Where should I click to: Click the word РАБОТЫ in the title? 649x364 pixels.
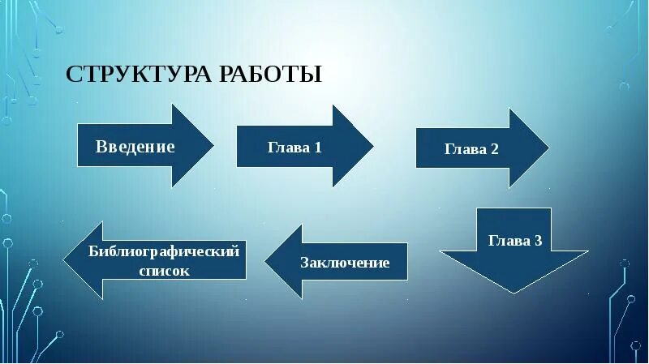pos(270,75)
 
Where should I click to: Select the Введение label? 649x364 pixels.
pos(135,147)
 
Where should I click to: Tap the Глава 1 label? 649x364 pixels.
pos(294,148)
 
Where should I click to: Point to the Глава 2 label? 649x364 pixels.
pos(471,149)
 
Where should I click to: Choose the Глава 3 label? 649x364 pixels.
pos(514,241)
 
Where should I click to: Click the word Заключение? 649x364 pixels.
pos(345,263)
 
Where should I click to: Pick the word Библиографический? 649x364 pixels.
pos(164,251)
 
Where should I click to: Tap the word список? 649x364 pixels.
pos(164,271)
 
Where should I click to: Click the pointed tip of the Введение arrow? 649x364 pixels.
pos(213,146)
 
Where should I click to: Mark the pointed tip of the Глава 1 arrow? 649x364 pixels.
pos(373,146)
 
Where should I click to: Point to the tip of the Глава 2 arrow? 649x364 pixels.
pos(548,148)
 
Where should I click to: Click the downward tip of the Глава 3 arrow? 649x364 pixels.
pos(514,293)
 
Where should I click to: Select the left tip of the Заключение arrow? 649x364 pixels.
pos(265,261)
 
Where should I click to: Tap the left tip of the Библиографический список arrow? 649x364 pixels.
pos(64,259)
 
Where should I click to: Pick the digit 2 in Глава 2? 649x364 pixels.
pos(495,149)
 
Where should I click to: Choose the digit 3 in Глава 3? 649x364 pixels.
pos(538,241)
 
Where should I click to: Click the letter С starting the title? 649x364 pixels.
pos(72,75)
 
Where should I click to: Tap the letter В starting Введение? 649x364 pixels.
pos(101,147)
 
